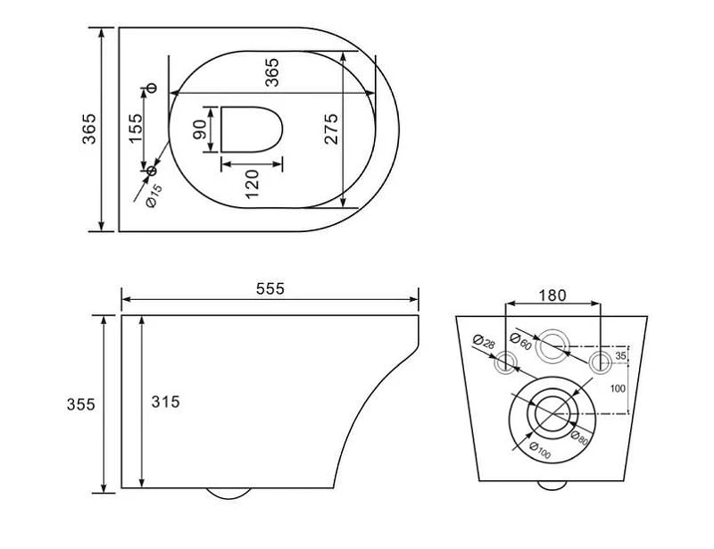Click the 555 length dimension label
click(x=270, y=288)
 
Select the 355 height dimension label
click(x=80, y=404)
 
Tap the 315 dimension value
click(x=166, y=402)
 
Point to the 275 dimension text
click(x=331, y=129)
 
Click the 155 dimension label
click(x=136, y=128)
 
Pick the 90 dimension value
click(x=199, y=129)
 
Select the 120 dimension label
click(x=252, y=184)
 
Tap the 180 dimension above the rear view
click(x=552, y=295)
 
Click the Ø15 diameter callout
click(x=154, y=195)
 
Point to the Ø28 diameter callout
click(x=484, y=341)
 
